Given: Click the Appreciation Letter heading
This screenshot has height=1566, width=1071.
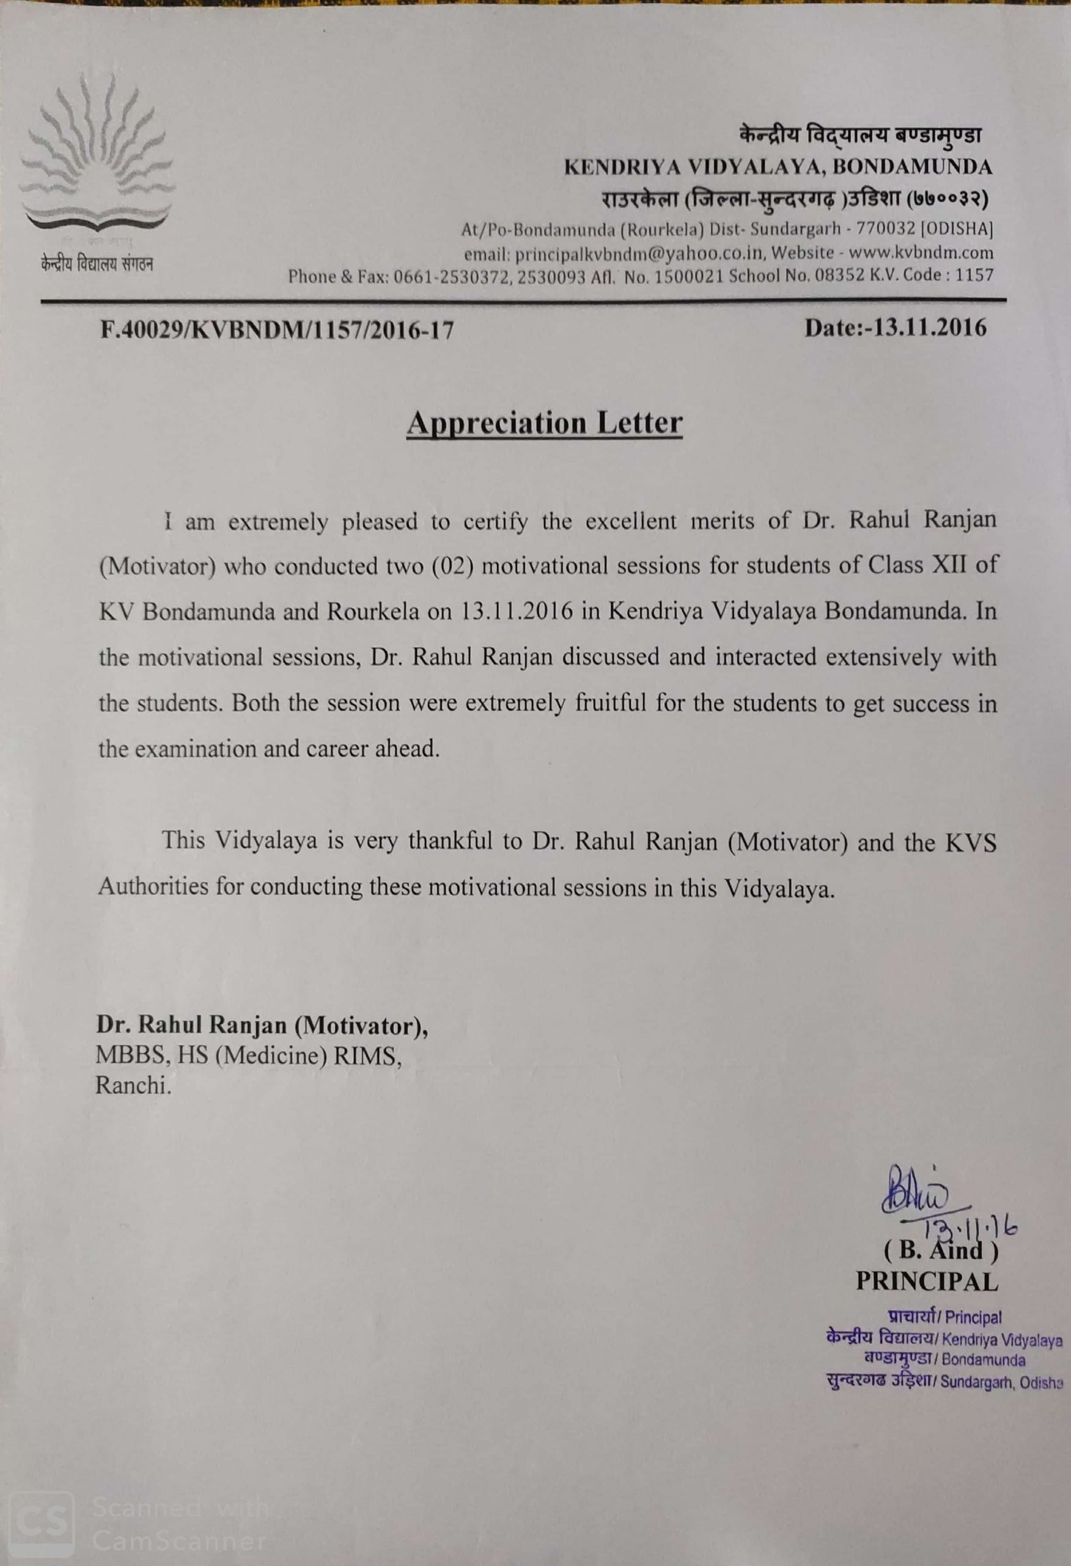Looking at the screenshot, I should tap(544, 423).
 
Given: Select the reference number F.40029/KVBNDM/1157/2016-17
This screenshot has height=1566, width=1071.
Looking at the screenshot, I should tap(277, 330).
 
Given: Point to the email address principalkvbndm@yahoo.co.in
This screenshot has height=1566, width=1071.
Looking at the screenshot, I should tap(635, 253).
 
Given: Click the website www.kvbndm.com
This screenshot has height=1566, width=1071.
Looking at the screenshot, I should tap(921, 253).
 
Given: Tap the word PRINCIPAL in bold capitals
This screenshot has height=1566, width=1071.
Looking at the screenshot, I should tap(926, 1281).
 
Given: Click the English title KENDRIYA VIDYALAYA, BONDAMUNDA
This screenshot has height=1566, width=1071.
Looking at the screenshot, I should tap(778, 167).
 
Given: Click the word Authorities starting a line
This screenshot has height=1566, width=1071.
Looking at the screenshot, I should tap(153, 886).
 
